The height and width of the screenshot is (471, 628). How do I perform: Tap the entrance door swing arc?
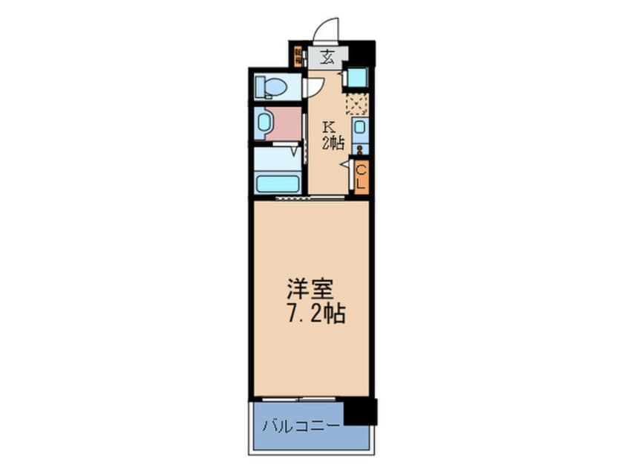(326, 30)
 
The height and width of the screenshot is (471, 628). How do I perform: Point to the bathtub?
(277, 183)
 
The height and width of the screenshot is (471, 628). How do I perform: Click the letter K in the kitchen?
(327, 126)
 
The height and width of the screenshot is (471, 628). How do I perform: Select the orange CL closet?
(360, 176)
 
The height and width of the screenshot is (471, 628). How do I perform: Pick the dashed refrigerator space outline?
(356, 103)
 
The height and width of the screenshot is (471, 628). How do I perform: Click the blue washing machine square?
(356, 78)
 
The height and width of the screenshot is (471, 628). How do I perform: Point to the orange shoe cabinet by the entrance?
(297, 57)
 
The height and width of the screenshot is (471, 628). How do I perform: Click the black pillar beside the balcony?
(360, 411)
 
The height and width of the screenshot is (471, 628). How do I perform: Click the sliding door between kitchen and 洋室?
(310, 198)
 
